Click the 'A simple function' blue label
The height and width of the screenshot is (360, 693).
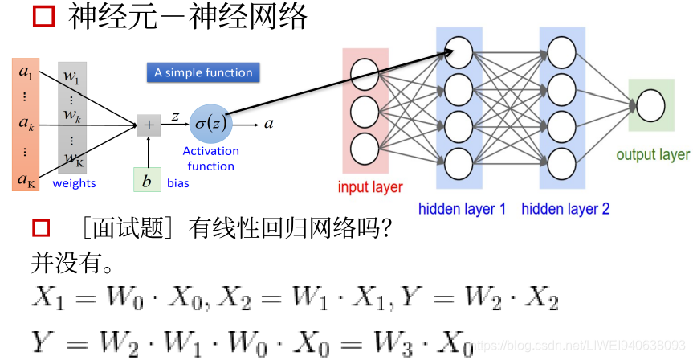[203, 72]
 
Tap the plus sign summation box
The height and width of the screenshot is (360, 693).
[148, 125]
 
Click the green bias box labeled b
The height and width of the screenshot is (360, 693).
[147, 181]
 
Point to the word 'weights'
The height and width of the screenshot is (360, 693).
[74, 183]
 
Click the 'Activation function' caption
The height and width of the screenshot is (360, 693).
[210, 158]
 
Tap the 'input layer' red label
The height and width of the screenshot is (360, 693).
[370, 188]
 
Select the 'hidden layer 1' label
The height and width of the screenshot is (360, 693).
[462, 209]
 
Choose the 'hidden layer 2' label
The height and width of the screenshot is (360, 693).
[565, 209]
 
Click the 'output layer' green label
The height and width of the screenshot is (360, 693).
[652, 155]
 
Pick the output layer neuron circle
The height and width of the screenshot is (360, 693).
[650, 105]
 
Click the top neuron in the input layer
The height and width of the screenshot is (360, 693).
[365, 70]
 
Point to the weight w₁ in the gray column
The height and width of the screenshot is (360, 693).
[71, 78]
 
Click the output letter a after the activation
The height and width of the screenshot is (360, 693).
[269, 124]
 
